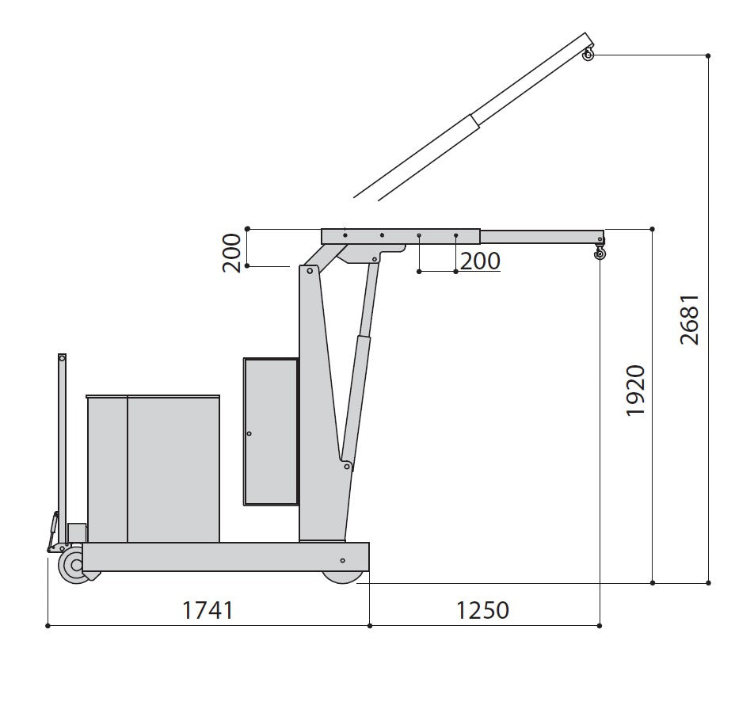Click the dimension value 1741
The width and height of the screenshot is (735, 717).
point(208,610)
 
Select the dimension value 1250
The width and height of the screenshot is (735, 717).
point(482,610)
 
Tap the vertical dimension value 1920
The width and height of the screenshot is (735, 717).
point(636,390)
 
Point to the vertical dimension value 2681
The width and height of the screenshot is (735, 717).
point(690,320)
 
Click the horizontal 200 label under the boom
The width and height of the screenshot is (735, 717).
point(480,261)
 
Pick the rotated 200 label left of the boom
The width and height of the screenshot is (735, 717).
point(231,253)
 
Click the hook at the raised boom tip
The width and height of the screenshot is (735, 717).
point(588,54)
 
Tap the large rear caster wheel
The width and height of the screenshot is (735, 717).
point(75,565)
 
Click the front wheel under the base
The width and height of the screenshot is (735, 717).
point(344,577)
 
